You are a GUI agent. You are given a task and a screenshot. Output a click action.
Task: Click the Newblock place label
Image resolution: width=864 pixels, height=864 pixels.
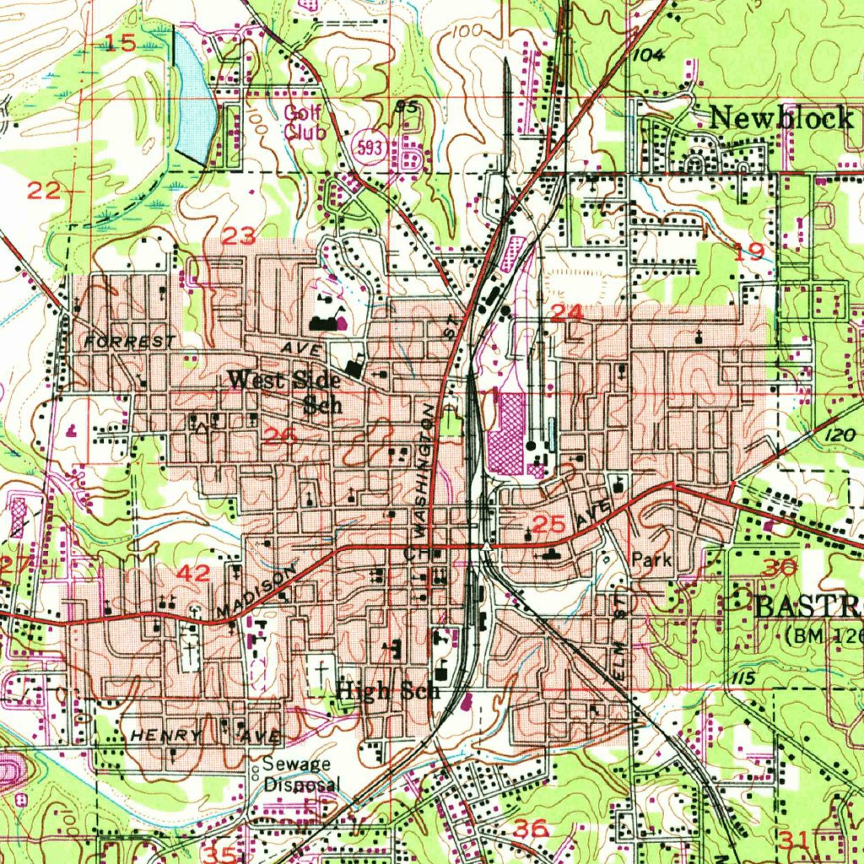780,118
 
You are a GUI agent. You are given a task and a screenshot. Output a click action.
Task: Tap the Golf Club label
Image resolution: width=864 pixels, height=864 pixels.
300,122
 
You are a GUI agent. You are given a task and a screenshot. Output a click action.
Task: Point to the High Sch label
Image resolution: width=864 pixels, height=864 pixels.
388,691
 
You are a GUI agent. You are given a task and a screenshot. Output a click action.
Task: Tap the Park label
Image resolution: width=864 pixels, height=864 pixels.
651,560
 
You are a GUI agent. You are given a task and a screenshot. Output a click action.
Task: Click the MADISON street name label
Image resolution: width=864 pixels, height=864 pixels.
256,591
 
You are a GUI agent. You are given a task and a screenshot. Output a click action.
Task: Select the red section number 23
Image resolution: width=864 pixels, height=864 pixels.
239,237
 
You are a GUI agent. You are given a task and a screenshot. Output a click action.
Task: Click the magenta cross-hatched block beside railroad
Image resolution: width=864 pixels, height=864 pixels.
506,435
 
